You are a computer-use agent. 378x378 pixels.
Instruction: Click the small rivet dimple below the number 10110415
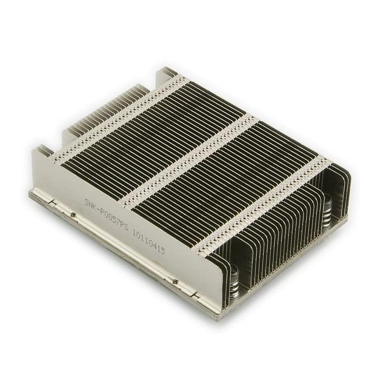[x=174, y=281]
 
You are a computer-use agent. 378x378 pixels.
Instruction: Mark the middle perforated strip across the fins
[x=188, y=159]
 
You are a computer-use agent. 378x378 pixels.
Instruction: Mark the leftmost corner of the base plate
[x=30, y=194]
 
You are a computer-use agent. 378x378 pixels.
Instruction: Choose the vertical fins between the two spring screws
[x=285, y=242]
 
